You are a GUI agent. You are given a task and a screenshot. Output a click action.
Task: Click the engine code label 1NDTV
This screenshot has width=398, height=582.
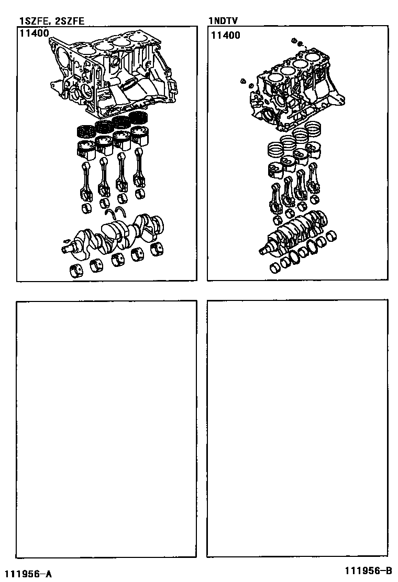[x=223, y=21]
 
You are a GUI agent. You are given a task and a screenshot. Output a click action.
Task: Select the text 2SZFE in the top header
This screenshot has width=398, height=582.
[x=70, y=21]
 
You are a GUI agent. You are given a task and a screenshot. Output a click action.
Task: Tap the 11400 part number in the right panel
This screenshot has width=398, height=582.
[x=226, y=36]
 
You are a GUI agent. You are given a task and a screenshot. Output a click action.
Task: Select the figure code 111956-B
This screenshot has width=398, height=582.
[x=368, y=570]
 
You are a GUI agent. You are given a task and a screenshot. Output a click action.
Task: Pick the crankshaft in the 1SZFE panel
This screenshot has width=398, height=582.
[x=113, y=236]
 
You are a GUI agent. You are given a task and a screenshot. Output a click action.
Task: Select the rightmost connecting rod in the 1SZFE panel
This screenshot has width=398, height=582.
[x=140, y=169]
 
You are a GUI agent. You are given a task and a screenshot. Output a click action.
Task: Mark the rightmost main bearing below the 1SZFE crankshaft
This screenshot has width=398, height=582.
[x=158, y=250]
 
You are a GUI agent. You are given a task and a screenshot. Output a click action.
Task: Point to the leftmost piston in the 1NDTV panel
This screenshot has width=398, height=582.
[x=275, y=169]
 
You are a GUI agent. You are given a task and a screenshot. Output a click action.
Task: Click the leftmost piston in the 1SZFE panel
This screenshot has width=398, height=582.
[x=85, y=149]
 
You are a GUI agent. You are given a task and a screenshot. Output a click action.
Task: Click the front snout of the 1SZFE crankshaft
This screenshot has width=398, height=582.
[x=68, y=249]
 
